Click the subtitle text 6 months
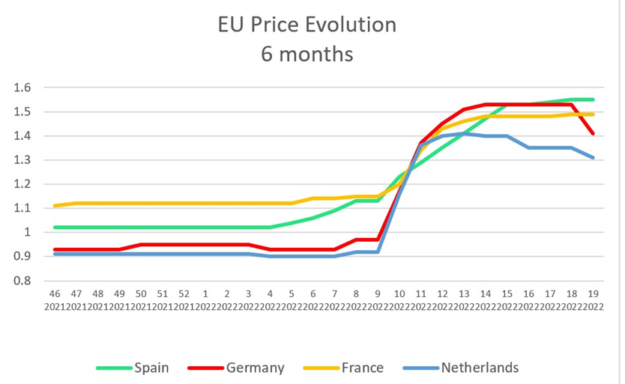[307, 54]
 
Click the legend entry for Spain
[151, 368]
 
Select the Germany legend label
[254, 368]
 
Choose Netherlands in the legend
[480, 368]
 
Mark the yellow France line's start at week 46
[54, 206]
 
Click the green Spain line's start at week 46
[54, 228]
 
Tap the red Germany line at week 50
[141, 244]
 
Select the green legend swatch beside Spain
[113, 368]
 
